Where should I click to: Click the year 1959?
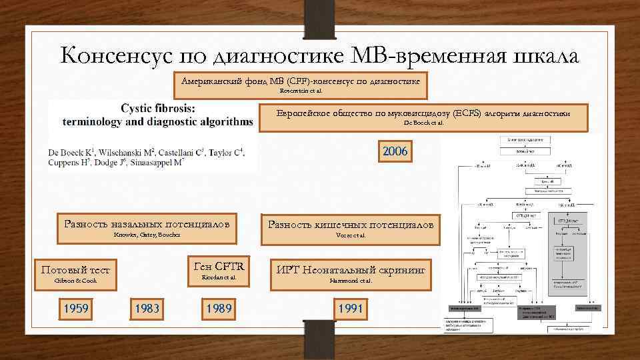pyautogui.click(x=75, y=309)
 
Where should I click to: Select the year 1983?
pyautogui.click(x=147, y=309)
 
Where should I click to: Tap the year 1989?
pyautogui.click(x=219, y=309)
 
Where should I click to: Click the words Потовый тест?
pyautogui.click(x=75, y=270)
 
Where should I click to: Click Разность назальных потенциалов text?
pyautogui.click(x=147, y=223)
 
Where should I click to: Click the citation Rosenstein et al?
pyautogui.click(x=301, y=90)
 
